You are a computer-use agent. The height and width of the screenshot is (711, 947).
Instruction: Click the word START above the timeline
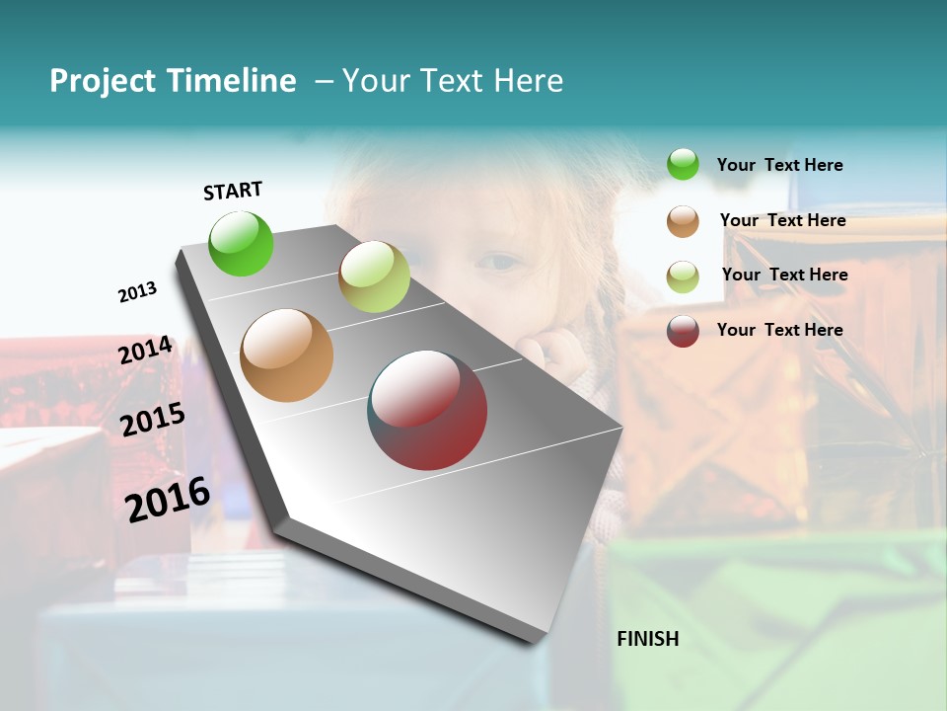click(x=233, y=191)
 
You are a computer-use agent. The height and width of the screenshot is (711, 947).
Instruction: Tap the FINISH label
click(x=647, y=639)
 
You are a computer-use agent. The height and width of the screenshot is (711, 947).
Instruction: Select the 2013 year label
click(x=137, y=292)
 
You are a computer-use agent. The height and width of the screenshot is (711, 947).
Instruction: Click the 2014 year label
click(x=145, y=351)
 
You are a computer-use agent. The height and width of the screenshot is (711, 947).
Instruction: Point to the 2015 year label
click(x=152, y=420)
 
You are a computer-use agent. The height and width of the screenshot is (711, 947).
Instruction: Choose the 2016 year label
click(x=168, y=500)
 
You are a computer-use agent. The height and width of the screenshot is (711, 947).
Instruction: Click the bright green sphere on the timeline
click(x=241, y=243)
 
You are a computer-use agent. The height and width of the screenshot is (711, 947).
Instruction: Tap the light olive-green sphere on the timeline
click(x=374, y=276)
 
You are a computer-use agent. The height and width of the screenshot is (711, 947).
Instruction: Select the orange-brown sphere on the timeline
click(x=286, y=355)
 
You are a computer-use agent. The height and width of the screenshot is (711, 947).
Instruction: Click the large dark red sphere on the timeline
click(x=428, y=410)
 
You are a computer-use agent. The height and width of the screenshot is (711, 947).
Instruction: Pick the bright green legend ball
click(x=683, y=165)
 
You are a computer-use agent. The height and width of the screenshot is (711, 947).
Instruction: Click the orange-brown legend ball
click(x=683, y=221)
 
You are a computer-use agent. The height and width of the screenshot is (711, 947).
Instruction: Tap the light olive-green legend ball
click(x=683, y=276)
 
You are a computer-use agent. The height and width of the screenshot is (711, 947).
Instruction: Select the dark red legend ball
click(x=683, y=331)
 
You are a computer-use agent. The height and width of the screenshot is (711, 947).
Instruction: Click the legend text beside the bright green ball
click(x=779, y=165)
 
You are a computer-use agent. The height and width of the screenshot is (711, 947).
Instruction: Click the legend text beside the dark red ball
click(x=779, y=330)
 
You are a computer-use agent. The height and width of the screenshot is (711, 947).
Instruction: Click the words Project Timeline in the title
click(x=173, y=81)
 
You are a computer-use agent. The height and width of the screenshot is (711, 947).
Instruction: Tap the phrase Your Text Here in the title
click(x=453, y=81)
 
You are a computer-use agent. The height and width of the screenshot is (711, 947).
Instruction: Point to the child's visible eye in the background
click(x=501, y=263)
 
